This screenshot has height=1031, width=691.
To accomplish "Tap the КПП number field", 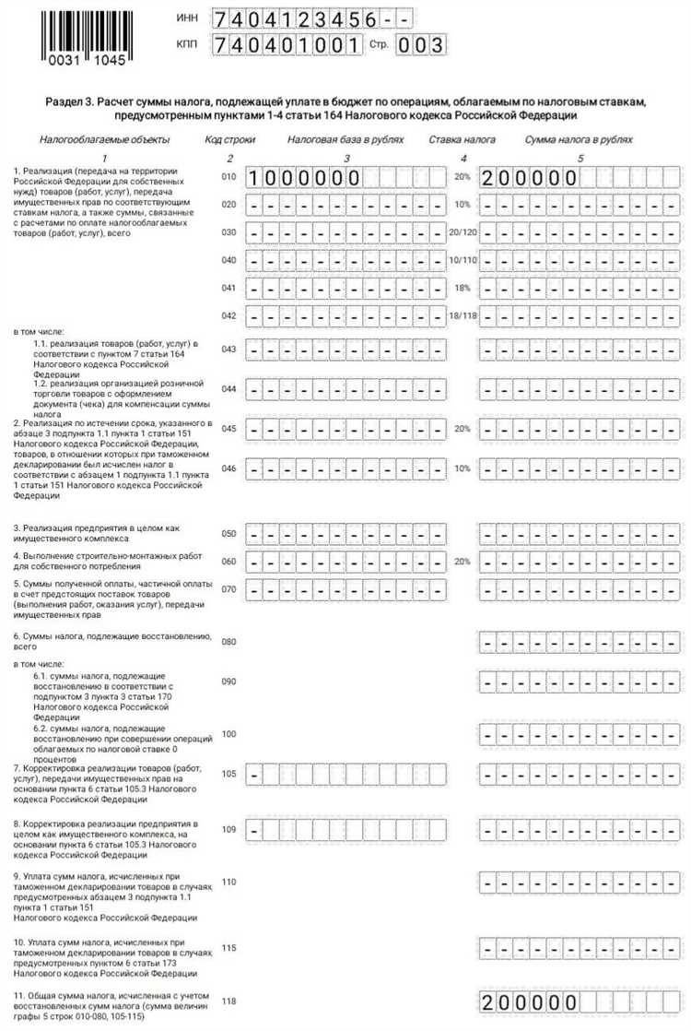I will [287, 44].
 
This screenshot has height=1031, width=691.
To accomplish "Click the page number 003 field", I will [421, 44].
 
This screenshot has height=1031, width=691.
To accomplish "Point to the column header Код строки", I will [229, 139].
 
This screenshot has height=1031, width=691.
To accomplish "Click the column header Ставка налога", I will [462, 139].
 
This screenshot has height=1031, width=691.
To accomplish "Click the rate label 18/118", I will [461, 316].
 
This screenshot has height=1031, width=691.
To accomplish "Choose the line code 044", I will [229, 388].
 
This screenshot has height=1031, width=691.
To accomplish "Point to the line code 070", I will [229, 588].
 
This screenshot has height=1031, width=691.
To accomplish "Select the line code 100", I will [229, 734].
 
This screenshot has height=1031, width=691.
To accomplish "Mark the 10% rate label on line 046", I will [462, 468].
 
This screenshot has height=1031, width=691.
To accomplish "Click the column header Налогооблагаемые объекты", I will [104, 139].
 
